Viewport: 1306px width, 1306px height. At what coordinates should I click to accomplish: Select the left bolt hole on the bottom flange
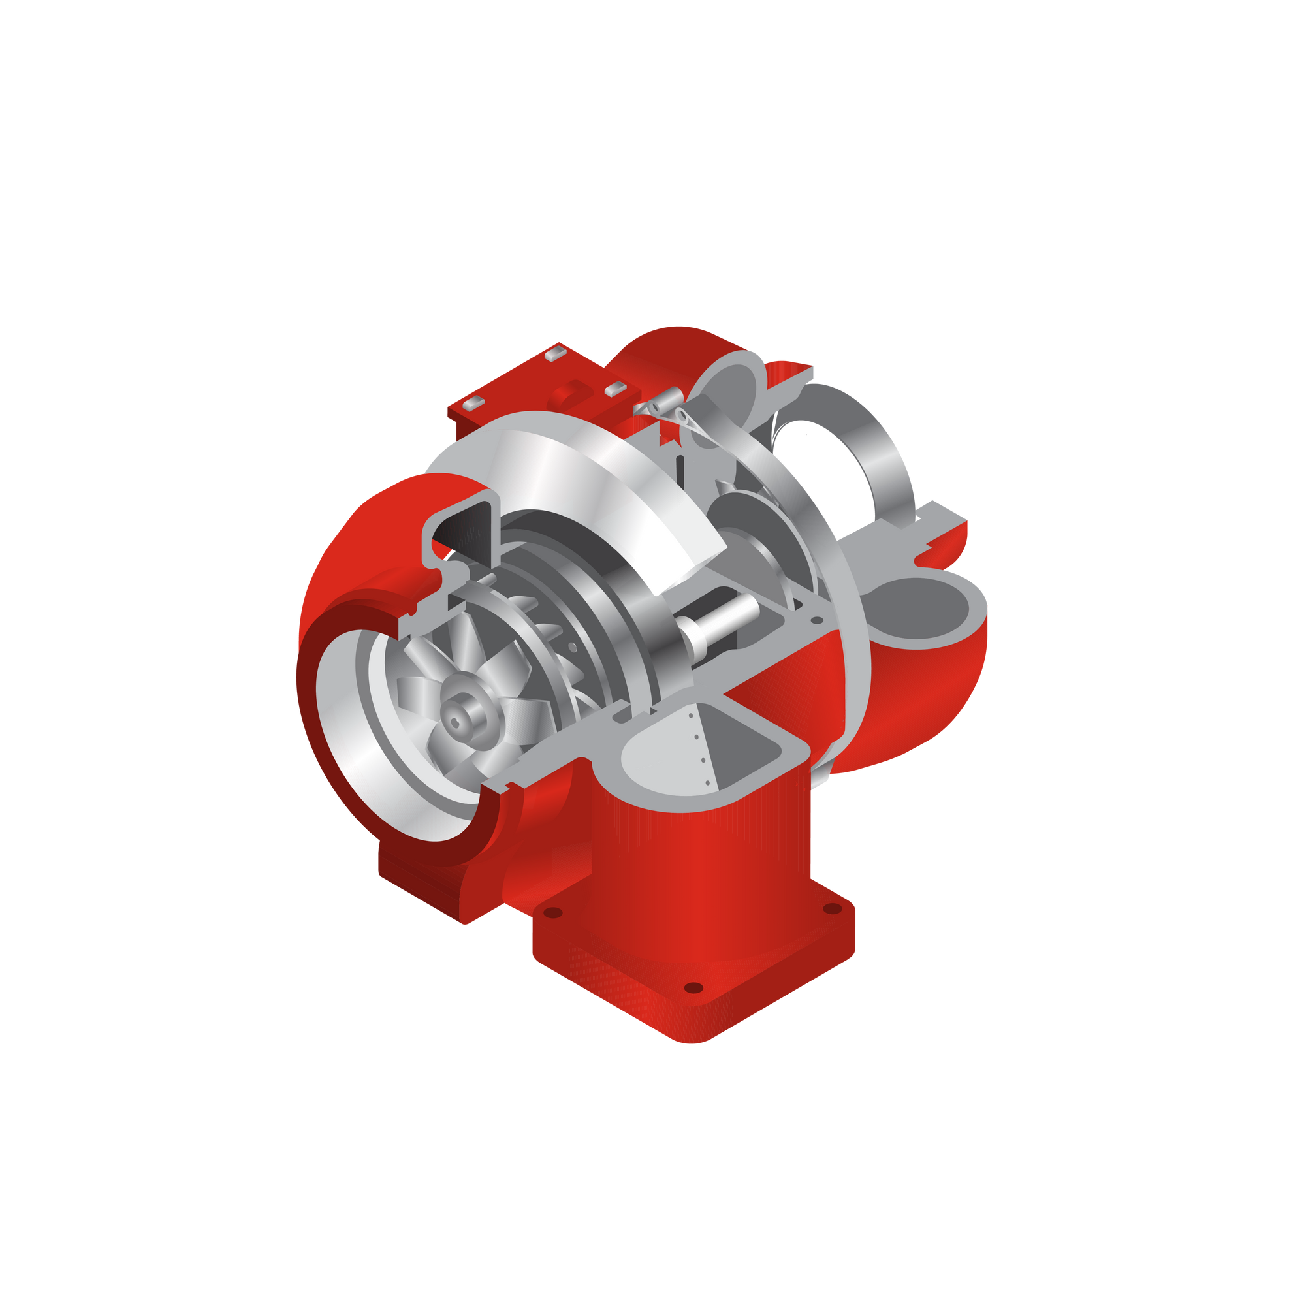(x=553, y=914)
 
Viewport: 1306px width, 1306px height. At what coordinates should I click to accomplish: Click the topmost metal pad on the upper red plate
(x=555, y=351)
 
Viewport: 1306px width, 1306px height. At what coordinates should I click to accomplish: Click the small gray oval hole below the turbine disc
(x=818, y=619)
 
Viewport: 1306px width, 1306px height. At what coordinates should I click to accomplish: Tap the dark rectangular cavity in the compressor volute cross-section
(x=466, y=531)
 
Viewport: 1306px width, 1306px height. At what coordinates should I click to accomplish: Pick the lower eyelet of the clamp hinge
(x=683, y=415)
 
